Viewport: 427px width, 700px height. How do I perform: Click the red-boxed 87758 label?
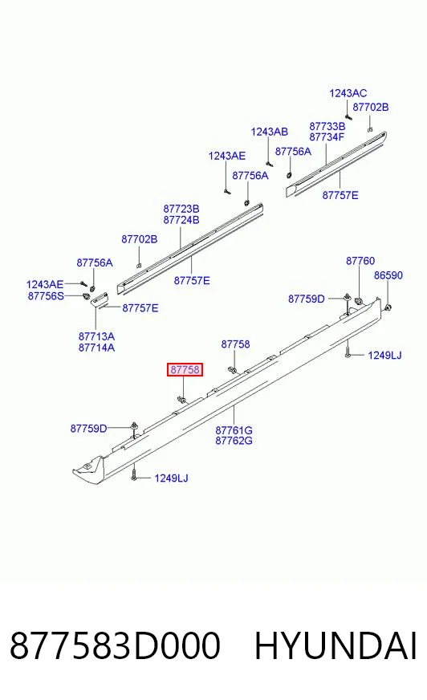pos(185,369)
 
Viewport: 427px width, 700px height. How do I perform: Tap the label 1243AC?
pos(348,93)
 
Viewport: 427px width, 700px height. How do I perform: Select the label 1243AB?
pos(269,132)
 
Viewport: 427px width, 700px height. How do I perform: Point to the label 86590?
pos(388,275)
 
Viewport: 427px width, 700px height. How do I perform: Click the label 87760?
pos(360,261)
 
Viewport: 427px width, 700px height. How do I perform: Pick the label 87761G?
pos(234,430)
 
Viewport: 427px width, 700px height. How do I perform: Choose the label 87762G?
pos(234,441)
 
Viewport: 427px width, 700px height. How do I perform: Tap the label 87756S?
pos(46,296)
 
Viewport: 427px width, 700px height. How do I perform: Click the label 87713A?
pos(96,336)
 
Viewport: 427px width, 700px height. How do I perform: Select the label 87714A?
pos(96,348)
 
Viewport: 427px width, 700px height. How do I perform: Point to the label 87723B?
pos(181,209)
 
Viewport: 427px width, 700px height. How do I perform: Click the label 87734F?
pos(327,137)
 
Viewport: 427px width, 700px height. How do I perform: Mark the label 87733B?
pos(327,126)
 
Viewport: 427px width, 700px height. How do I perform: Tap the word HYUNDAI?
pos(335,645)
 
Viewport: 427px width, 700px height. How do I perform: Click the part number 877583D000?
pos(115,645)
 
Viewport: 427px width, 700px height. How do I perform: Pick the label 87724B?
pos(181,220)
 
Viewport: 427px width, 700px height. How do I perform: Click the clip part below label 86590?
pos(388,307)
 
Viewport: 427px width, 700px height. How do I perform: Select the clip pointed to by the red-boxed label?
pos(181,399)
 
